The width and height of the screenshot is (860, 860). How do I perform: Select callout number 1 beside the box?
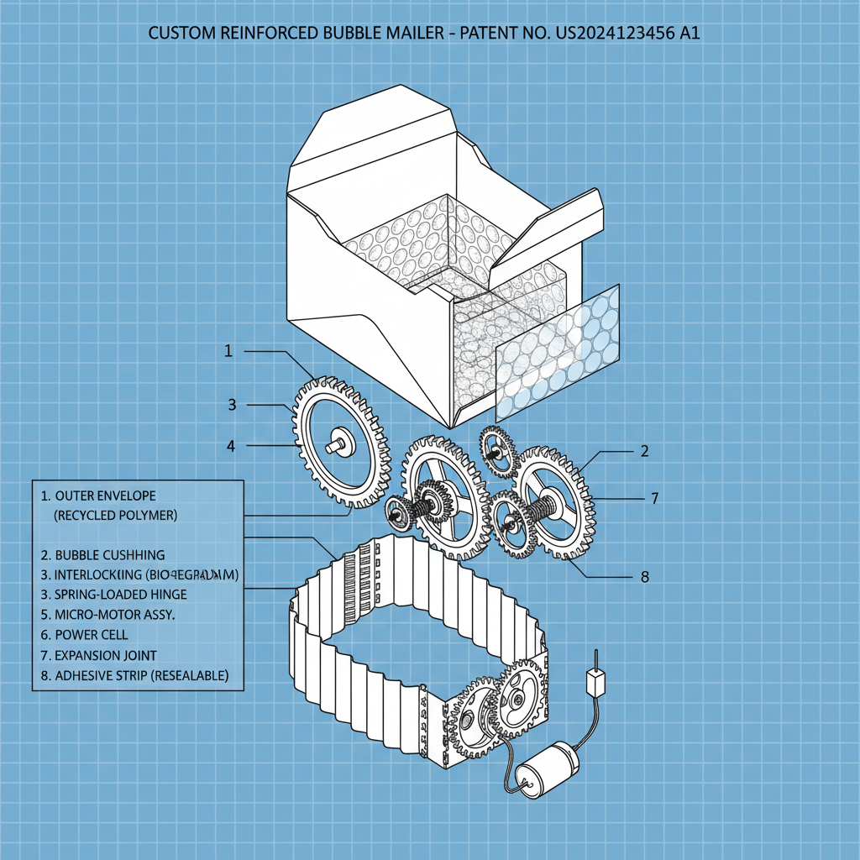tap(228, 351)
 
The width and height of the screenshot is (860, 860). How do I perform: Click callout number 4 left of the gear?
tap(231, 446)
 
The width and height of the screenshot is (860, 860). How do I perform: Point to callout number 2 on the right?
tap(644, 451)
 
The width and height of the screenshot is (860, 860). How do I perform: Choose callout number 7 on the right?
tap(654, 498)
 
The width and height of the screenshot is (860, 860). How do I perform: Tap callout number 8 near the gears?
tap(645, 577)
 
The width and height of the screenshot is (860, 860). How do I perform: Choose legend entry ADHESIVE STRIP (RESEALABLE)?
tap(134, 675)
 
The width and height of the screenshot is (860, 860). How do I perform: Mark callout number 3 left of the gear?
tap(233, 405)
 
